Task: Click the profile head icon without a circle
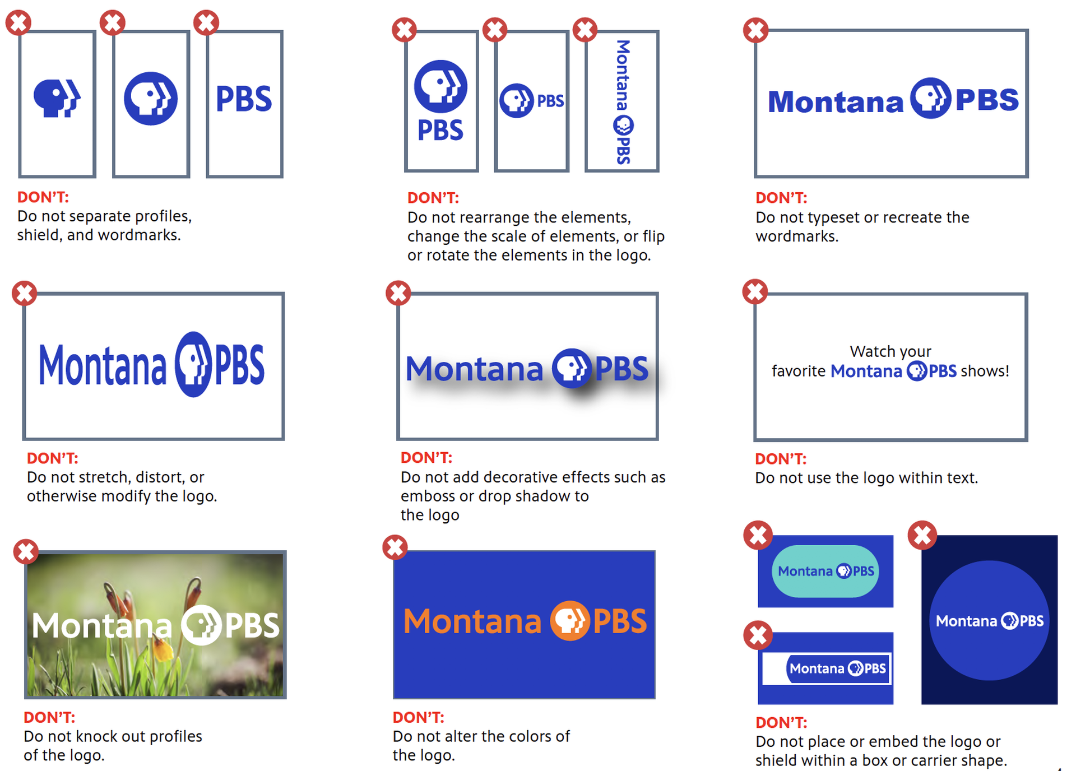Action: click(x=57, y=99)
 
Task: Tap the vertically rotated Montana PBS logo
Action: click(x=623, y=101)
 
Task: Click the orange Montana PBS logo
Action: click(x=525, y=621)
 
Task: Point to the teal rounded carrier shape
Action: click(x=825, y=571)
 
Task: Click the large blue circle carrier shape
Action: click(x=989, y=620)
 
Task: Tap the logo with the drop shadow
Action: click(x=527, y=369)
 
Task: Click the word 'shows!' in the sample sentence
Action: click(x=985, y=371)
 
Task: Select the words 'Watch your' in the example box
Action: click(x=891, y=351)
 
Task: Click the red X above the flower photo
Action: click(x=26, y=551)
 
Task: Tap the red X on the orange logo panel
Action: click(x=395, y=547)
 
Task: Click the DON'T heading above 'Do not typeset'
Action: click(x=781, y=198)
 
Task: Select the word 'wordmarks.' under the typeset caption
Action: click(x=797, y=236)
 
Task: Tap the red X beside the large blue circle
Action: click(x=922, y=535)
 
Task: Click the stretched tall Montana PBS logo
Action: click(x=151, y=365)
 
